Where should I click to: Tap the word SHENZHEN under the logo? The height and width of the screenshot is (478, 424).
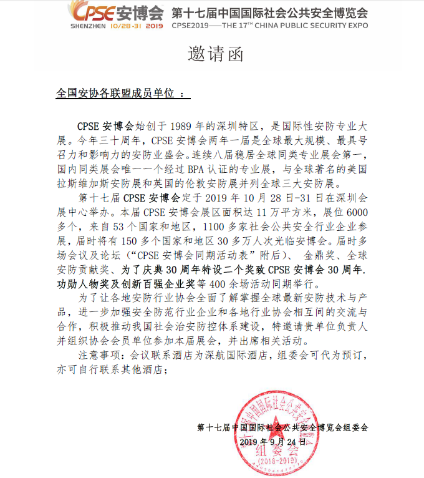click(x=89, y=27)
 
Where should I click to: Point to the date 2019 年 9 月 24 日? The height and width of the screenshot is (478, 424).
click(x=272, y=441)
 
